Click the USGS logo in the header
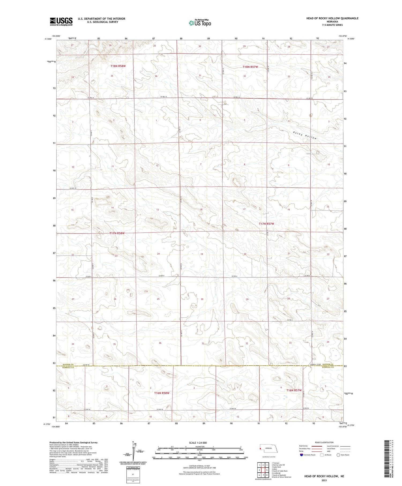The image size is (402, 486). pyautogui.click(x=61, y=21)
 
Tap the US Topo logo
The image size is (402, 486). pyautogui.click(x=200, y=23)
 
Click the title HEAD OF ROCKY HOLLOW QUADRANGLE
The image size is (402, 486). pyautogui.click(x=332, y=18)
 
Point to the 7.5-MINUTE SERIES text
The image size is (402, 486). pyautogui.click(x=332, y=25)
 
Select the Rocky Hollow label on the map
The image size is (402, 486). pyautogui.click(x=305, y=135)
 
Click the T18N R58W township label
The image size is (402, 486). pyautogui.click(x=118, y=66)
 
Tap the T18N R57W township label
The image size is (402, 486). pyautogui.click(x=250, y=67)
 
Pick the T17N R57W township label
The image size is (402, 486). pyautogui.click(x=266, y=224)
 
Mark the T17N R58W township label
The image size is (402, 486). pyautogui.click(x=117, y=233)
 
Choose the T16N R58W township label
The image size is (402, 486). pyautogui.click(x=162, y=393)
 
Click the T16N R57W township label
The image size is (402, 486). pyautogui.click(x=294, y=390)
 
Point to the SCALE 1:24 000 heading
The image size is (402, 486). pyautogui.click(x=198, y=443)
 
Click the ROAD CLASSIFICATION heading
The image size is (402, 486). pyautogui.click(x=324, y=442)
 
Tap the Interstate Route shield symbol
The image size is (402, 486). pyautogui.click(x=301, y=455)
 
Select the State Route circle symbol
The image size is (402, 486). pyautogui.click(x=338, y=455)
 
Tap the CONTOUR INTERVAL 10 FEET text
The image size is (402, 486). pyautogui.click(x=199, y=466)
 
